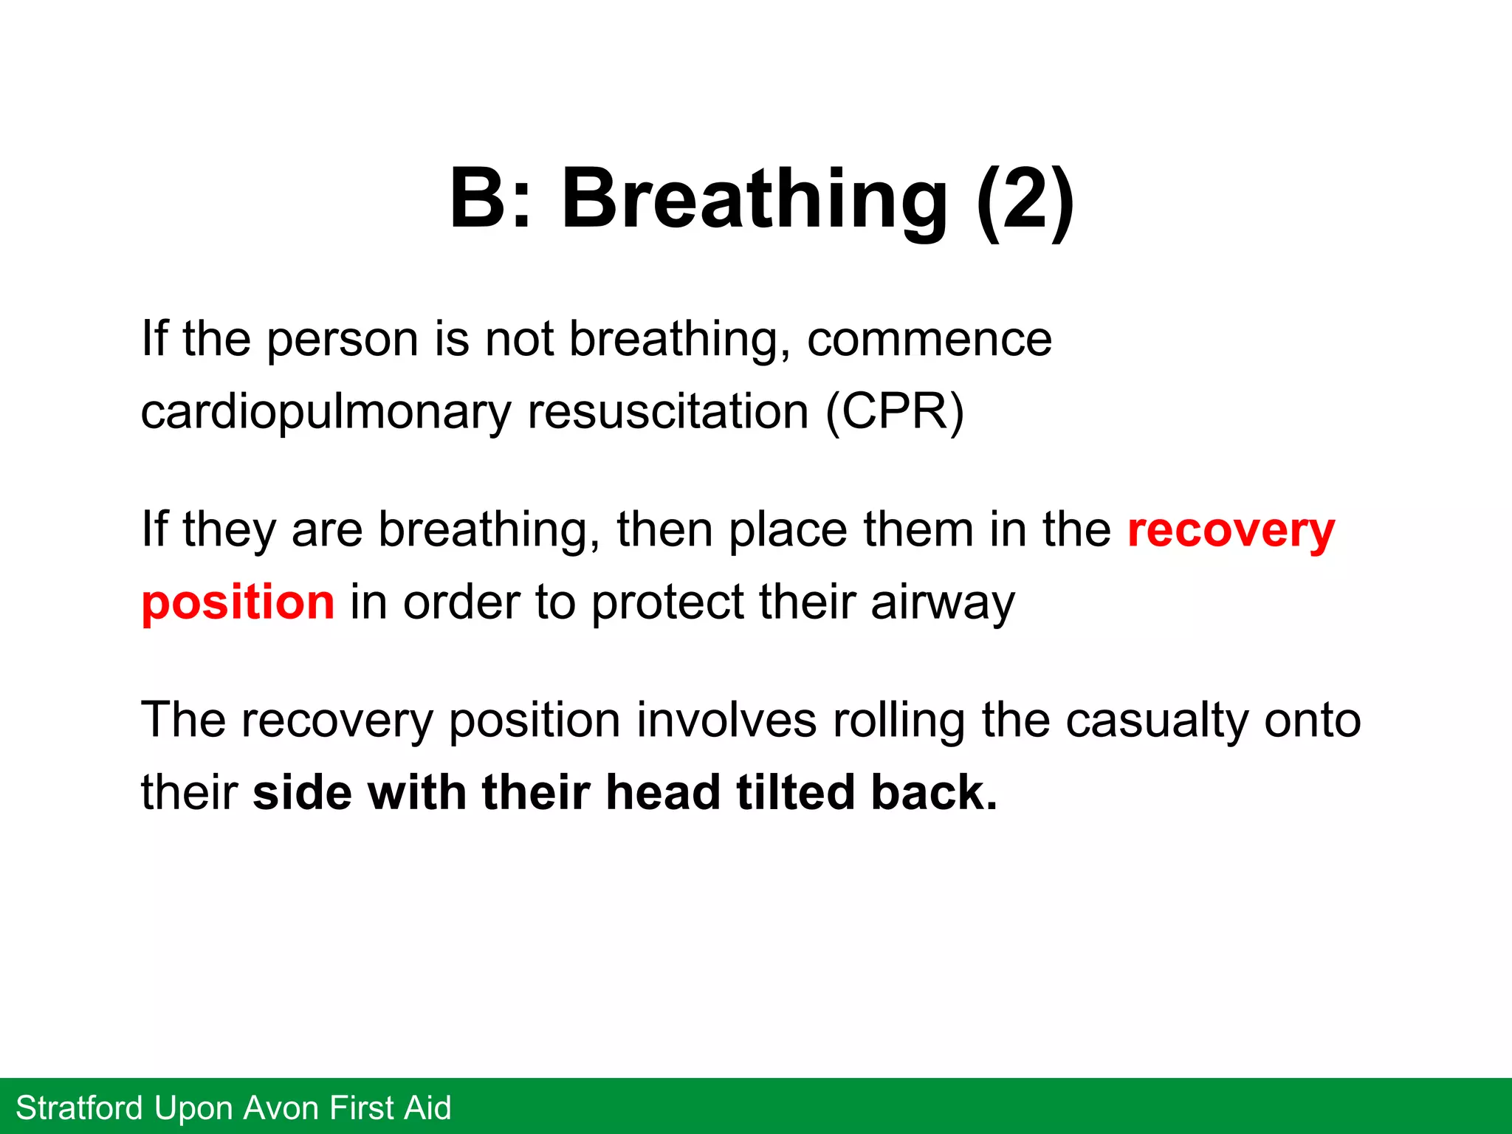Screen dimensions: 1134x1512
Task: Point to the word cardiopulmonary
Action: [326, 412]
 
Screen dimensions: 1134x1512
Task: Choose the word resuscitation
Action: [668, 412]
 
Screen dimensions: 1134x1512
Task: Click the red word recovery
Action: [1231, 530]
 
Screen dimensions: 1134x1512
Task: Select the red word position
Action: [238, 602]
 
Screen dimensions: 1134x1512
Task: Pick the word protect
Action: [667, 602]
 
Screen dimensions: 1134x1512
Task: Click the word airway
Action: [943, 602]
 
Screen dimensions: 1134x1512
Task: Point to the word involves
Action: [726, 720]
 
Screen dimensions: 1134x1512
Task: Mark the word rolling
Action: [898, 720]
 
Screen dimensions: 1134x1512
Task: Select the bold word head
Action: [662, 792]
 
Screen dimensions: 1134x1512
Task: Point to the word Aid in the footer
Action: [427, 1108]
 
